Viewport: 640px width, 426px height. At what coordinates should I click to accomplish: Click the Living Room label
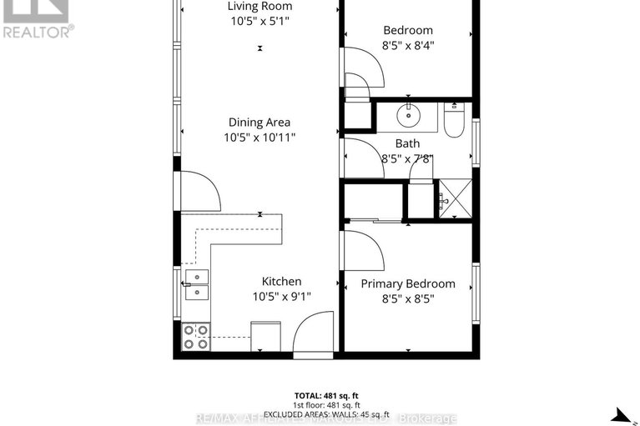[260, 7]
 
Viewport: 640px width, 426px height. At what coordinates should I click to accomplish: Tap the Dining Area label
[260, 123]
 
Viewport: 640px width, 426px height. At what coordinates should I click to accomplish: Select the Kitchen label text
[282, 282]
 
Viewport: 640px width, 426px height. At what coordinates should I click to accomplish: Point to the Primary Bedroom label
[408, 283]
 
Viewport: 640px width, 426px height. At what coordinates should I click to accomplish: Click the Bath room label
[408, 143]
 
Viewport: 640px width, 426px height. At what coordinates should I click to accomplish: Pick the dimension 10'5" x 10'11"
[260, 138]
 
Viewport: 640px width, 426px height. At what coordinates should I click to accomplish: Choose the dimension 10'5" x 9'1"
[282, 296]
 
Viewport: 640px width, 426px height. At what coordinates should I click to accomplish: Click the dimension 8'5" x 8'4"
[408, 45]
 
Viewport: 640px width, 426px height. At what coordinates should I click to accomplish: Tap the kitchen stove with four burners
[196, 336]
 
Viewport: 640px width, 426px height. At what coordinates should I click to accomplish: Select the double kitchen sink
[196, 284]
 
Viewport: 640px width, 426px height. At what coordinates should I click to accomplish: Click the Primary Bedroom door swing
[360, 248]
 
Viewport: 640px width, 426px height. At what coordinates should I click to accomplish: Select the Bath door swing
[360, 157]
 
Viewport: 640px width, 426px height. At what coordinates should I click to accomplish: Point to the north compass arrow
[621, 414]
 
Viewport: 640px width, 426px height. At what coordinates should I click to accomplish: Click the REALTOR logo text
[37, 32]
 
